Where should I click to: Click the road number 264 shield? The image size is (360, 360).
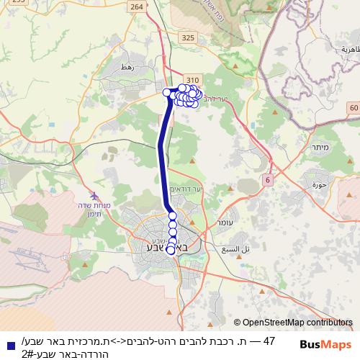click(137, 6)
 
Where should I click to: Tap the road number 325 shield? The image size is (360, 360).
click(188, 37)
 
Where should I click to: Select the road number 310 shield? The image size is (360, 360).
click(191, 80)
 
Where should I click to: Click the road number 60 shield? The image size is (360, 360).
click(352, 107)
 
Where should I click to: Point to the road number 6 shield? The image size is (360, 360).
click(268, 179)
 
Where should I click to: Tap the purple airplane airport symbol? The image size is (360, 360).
click(94, 196)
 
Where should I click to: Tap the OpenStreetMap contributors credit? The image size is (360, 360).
click(293, 323)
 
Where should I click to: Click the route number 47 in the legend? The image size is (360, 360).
click(270, 340)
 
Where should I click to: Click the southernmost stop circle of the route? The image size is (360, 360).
click(171, 251)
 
